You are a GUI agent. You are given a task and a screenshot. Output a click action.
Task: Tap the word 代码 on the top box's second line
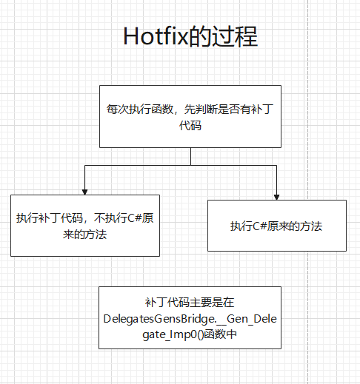190,127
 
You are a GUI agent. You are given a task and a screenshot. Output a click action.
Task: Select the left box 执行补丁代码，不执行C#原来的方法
84,225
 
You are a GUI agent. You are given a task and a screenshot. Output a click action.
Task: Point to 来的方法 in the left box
84,235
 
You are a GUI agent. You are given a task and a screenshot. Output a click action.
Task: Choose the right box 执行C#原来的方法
276,226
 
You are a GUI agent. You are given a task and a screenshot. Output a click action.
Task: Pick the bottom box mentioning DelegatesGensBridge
190,317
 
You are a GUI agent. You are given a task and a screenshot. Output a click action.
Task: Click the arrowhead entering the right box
276,195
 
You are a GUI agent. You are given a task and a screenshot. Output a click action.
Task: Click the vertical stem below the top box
190,155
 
